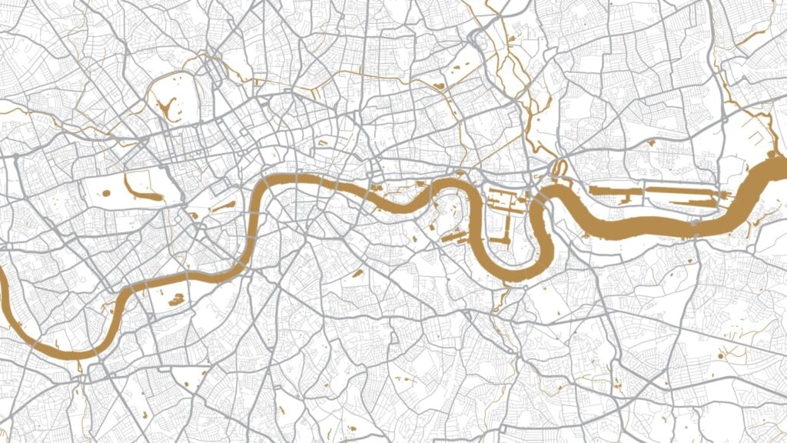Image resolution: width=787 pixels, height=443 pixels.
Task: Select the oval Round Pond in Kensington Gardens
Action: click(106, 192)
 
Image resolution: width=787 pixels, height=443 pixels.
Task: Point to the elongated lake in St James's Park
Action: click(224, 206)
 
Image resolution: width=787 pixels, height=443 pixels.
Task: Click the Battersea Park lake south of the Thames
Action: click(176, 298)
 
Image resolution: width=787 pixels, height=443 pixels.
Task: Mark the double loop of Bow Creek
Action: click(559, 168)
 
